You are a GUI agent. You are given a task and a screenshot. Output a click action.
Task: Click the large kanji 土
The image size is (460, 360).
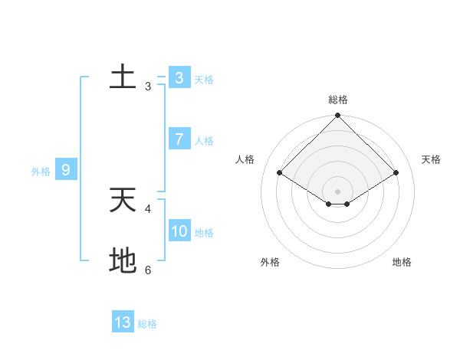tap(123, 77)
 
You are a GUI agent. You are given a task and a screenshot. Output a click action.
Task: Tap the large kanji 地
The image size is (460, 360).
tap(123, 261)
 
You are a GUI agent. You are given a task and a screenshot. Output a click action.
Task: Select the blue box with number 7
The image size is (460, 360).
tap(179, 139)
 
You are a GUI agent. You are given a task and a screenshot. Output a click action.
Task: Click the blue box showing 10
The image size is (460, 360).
tap(179, 231)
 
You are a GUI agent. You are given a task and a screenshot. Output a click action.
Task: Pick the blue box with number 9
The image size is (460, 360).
tap(66, 170)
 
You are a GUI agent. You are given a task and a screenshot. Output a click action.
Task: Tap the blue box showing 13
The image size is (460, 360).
tap(123, 322)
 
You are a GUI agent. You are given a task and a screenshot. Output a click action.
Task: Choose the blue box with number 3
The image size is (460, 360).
tap(179, 77)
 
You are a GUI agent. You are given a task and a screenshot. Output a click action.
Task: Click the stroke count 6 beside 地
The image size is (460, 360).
tap(148, 270)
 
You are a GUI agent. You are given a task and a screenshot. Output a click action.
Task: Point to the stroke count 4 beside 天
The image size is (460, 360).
tap(148, 208)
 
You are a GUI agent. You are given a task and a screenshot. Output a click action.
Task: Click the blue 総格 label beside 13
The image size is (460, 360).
tap(147, 324)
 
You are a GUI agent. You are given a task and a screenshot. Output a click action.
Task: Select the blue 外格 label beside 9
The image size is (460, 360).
tap(41, 172)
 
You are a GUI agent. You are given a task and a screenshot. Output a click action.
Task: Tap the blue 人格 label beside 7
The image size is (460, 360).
tap(204, 141)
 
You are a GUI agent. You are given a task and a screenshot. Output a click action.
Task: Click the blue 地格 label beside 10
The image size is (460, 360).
tap(204, 233)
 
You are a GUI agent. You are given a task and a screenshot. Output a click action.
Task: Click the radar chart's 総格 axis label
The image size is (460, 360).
tap(338, 100)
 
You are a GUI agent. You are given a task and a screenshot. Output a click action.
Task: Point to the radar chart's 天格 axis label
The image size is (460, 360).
tap(431, 159)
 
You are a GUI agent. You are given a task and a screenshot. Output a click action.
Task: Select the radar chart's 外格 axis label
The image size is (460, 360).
tap(270, 262)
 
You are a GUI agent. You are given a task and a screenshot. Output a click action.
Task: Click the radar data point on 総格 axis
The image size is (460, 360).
tap(337, 116)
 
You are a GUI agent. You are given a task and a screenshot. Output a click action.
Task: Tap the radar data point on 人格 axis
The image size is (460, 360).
tap(280, 173)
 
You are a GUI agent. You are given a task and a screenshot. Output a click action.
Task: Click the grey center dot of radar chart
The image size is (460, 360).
tap(337, 191)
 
